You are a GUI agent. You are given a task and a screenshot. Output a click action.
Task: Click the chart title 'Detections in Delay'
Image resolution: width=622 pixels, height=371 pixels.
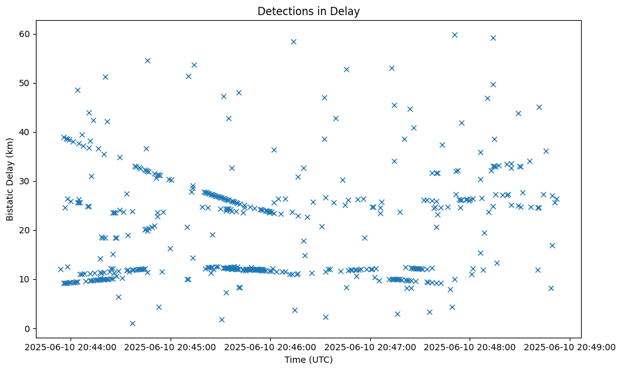[308, 11]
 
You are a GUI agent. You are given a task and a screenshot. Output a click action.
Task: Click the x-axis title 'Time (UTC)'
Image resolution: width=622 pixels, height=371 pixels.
[308, 360]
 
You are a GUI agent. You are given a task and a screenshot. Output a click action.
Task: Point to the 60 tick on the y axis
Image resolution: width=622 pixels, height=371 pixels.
[26, 34]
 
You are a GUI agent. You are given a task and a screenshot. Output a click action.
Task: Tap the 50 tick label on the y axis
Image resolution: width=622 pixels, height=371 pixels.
[26, 83]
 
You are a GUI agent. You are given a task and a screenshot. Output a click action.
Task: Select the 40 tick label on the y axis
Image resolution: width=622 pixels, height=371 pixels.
[26, 132]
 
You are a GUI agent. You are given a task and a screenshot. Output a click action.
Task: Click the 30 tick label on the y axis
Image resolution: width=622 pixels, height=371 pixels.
[26, 181]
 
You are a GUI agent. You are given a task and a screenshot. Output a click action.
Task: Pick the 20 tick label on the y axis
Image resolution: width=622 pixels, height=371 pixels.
[26, 230]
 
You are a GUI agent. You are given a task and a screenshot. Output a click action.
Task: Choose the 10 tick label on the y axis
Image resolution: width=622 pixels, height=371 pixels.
[26, 279]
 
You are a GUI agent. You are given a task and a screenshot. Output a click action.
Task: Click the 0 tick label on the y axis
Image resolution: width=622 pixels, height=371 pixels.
[29, 328]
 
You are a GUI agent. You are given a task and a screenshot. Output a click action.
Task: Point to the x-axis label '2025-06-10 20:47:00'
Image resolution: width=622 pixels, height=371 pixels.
[370, 346]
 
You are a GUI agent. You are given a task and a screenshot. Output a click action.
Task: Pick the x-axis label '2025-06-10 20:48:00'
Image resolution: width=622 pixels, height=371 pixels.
[470, 346]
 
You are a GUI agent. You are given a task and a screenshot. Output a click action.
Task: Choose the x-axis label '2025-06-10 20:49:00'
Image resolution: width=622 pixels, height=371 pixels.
[570, 346]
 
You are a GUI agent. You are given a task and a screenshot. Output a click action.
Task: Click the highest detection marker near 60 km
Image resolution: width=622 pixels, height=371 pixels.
[455, 35]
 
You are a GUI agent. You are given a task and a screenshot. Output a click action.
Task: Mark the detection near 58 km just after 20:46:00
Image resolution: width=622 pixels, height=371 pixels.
[293, 42]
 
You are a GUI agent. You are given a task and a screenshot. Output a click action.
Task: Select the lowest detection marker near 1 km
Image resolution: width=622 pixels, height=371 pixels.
[132, 323]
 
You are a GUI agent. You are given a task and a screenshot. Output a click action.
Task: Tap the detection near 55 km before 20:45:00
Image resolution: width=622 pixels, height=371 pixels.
[147, 60]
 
